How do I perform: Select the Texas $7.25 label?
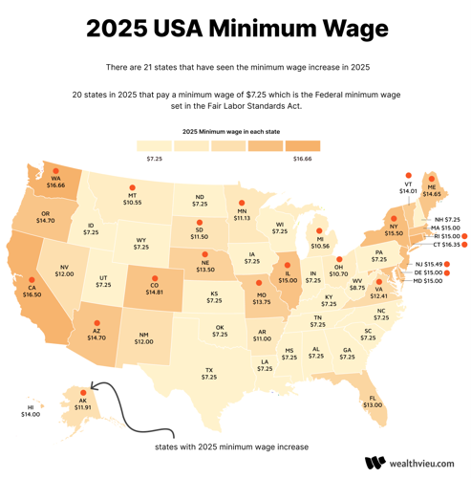[209, 373]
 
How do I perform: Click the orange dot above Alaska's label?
[83, 392]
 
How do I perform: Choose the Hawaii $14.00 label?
[31, 411]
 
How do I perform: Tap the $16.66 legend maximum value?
[302, 159]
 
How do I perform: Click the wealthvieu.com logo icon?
[375, 463]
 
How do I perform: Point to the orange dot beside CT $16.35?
[464, 245]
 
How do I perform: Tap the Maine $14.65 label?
[432, 189]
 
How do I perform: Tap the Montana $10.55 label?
[132, 199]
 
